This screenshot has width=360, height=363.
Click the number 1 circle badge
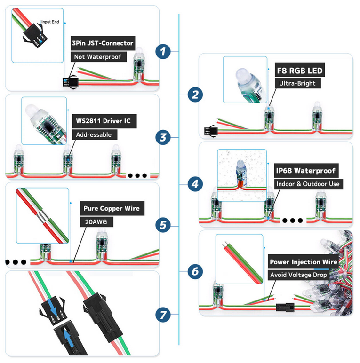tap(163, 52)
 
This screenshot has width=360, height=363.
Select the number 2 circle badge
tap(195, 95)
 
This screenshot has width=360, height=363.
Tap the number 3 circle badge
tap(163, 137)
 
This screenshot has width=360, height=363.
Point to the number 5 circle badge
tap(163, 225)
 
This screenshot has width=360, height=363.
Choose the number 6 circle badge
tap(195, 271)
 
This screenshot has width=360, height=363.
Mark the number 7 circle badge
tap(163, 315)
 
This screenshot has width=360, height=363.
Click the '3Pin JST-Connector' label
tap(103, 43)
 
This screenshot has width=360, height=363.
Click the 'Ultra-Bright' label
tap(296, 84)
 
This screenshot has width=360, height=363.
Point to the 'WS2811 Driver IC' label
tap(104, 121)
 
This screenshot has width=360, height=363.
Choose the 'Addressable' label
tap(94, 134)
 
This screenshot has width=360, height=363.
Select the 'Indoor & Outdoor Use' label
tap(308, 184)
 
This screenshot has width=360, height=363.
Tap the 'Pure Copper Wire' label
tap(111, 208)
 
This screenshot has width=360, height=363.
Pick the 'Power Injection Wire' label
tap(303, 262)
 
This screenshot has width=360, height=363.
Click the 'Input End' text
tap(50, 22)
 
